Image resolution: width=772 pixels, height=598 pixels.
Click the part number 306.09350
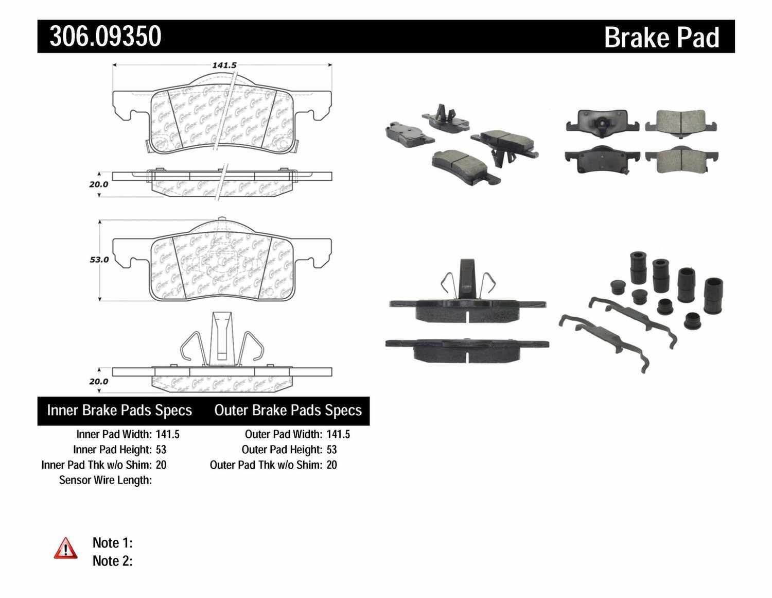106,37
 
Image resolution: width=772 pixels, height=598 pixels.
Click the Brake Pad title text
661,38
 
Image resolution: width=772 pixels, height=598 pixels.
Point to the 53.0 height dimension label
99,260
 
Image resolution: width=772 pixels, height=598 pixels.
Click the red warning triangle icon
65,548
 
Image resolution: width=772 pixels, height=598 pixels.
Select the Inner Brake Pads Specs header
119,411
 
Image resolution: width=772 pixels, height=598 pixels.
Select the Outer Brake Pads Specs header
288,411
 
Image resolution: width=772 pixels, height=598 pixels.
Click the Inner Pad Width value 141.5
167,434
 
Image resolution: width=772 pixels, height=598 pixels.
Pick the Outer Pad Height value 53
331,450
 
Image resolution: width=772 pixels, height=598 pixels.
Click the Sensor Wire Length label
105,480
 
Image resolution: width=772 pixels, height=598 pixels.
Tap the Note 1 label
112,543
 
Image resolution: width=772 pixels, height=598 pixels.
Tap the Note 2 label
112,561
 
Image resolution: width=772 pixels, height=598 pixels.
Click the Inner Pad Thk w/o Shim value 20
161,465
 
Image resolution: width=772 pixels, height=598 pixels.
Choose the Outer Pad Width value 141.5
338,434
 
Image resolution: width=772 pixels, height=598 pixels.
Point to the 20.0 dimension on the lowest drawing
98,382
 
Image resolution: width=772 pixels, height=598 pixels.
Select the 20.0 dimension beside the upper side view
98,184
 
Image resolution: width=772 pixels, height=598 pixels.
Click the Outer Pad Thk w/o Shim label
266,465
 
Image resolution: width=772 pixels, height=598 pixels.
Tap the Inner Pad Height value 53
161,450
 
